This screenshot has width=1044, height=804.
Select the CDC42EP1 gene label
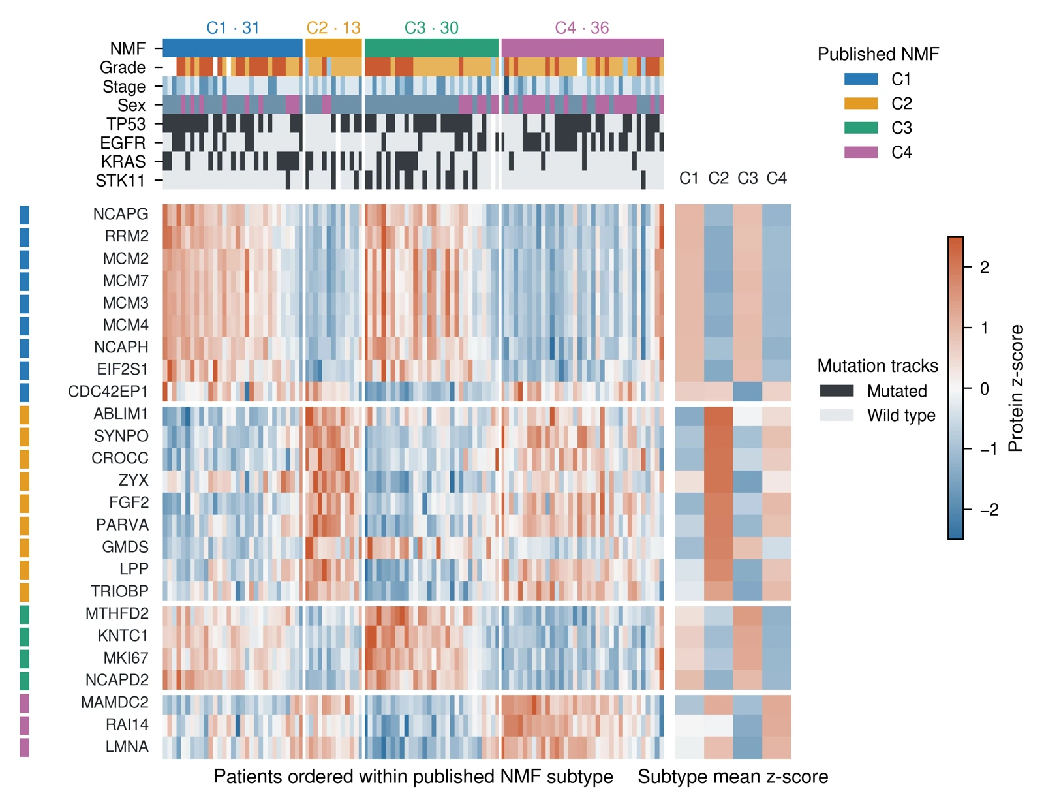(108, 392)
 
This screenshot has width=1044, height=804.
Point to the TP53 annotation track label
(125, 124)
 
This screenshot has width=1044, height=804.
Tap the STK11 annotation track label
(120, 181)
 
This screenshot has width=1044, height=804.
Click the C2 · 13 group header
(333, 28)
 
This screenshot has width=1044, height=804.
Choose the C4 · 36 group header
(582, 28)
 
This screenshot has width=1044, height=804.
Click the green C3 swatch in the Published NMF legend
(861, 128)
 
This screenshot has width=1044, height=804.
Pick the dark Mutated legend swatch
(837, 391)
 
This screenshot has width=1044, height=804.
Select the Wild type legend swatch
(837, 415)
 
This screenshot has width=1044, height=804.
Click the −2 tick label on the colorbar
(989, 509)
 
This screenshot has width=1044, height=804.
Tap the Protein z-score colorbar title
(1016, 388)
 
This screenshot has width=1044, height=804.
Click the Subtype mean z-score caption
(733, 777)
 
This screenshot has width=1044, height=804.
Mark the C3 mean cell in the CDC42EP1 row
(747, 392)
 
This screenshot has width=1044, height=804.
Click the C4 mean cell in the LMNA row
(776, 748)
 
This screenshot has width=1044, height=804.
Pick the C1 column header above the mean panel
(688, 178)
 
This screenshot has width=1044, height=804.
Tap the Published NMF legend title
(878, 54)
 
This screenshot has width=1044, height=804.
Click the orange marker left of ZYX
(25, 480)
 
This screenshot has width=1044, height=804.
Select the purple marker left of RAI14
(25, 725)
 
